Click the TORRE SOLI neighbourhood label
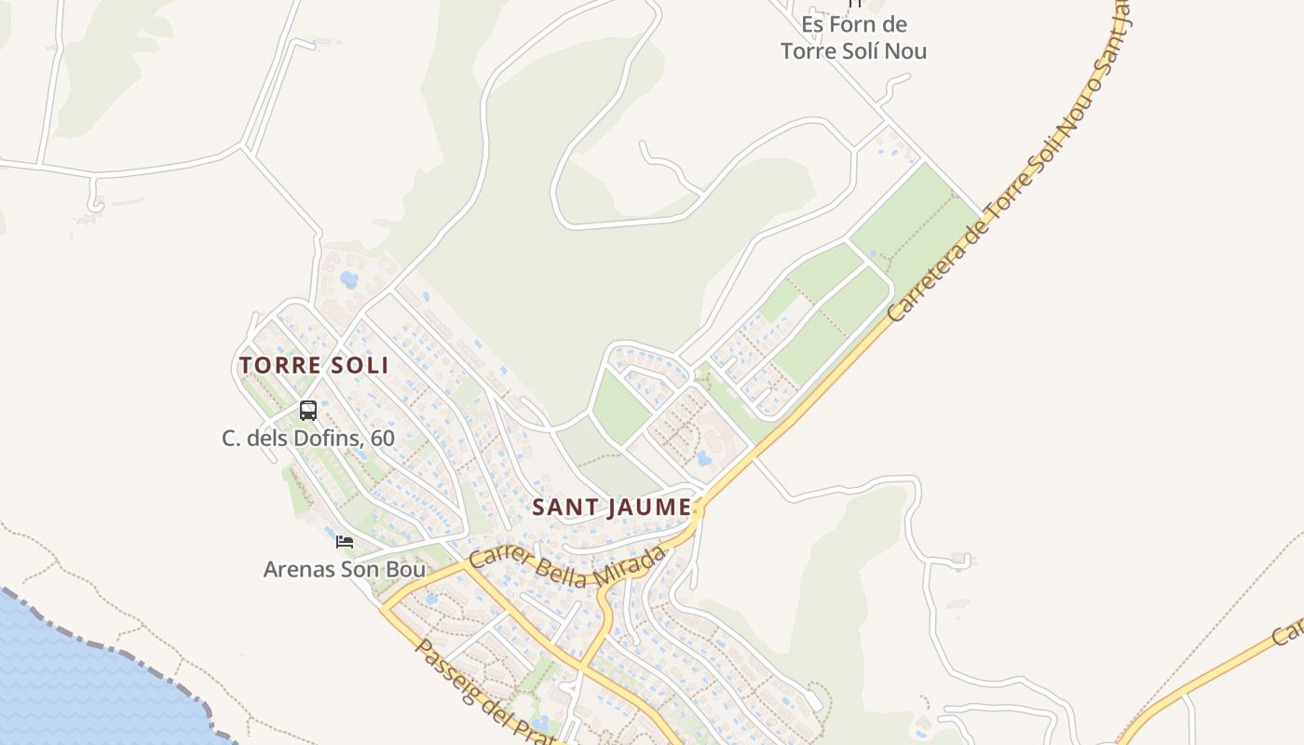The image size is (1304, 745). (314, 365)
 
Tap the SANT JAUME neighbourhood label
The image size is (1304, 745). (612, 508)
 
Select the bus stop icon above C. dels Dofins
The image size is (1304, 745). (308, 410)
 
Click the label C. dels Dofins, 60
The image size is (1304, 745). (308, 438)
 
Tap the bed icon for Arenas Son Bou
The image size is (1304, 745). (345, 541)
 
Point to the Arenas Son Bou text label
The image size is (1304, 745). (345, 569)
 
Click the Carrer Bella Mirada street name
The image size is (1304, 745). (568, 567)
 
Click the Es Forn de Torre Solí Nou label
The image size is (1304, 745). (854, 37)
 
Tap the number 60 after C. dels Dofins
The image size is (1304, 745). (382, 438)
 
